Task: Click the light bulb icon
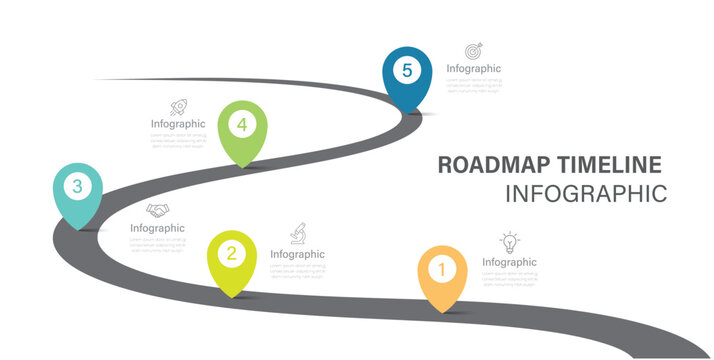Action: pyautogui.click(x=510, y=241)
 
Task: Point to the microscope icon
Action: pyautogui.click(x=298, y=233)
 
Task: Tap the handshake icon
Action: pyautogui.click(x=157, y=210)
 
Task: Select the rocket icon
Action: pyautogui.click(x=179, y=107)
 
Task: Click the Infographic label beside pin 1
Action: pyautogui.click(x=509, y=262)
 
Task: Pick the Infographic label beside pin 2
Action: pyautogui.click(x=297, y=254)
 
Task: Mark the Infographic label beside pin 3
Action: pyautogui.click(x=157, y=228)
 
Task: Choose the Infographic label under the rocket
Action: pyautogui.click(x=178, y=124)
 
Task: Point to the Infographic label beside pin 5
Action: pyautogui.click(x=473, y=69)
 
